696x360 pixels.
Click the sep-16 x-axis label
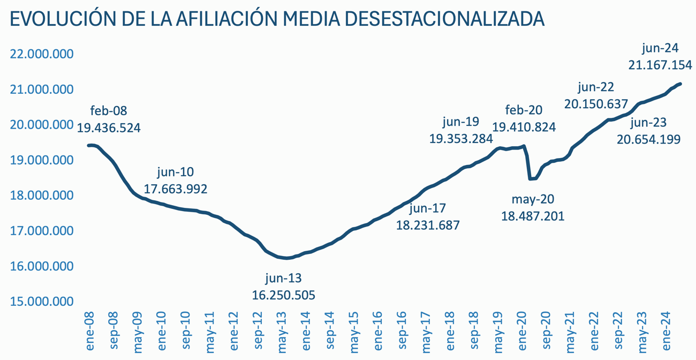tap(404, 332)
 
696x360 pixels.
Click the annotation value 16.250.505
tap(283, 295)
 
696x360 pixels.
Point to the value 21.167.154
tap(660, 65)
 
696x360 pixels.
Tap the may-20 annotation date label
tap(533, 200)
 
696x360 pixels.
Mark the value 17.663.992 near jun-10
tap(176, 189)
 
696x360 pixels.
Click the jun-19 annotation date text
tap(461, 122)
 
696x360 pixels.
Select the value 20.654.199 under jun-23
tap(648, 139)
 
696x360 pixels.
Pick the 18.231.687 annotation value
tap(428, 225)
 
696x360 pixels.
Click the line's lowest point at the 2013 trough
tap(286, 258)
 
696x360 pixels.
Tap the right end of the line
tap(680, 84)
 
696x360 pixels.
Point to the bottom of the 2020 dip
tap(531, 179)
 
